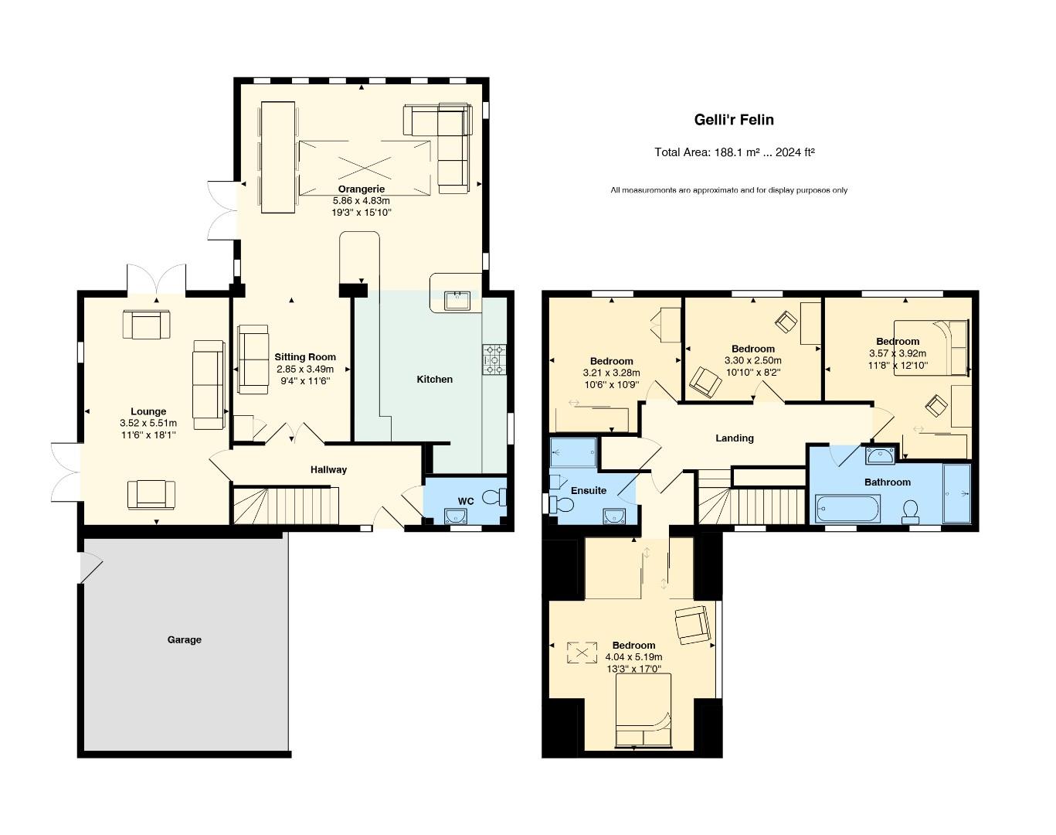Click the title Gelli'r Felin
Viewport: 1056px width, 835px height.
pyautogui.click(x=733, y=120)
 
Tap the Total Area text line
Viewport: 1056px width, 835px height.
pyautogui.click(x=735, y=152)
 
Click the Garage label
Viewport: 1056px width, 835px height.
pyautogui.click(x=184, y=639)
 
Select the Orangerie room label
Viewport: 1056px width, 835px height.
pyautogui.click(x=361, y=189)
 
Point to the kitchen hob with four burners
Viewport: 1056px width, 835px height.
pyautogui.click(x=494, y=360)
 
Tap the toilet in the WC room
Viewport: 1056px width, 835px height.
pyautogui.click(x=492, y=497)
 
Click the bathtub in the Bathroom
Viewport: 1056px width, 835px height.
pyautogui.click(x=847, y=510)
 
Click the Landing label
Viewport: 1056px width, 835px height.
pyautogui.click(x=734, y=438)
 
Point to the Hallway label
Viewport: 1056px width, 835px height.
pyautogui.click(x=328, y=469)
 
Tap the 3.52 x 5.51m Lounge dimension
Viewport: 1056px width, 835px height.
pyautogui.click(x=148, y=423)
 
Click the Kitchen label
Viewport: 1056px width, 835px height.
pyautogui.click(x=434, y=379)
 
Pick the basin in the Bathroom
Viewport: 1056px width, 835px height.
pyautogui.click(x=880, y=455)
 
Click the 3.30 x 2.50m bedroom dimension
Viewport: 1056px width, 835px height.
pyautogui.click(x=752, y=360)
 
